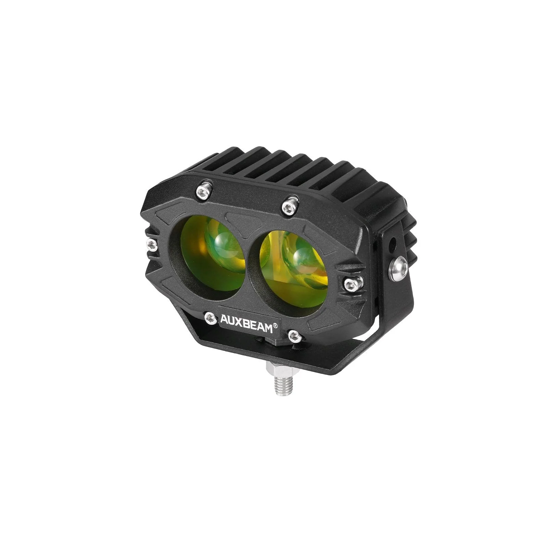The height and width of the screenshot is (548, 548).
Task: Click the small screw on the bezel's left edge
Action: click(x=151, y=244)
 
